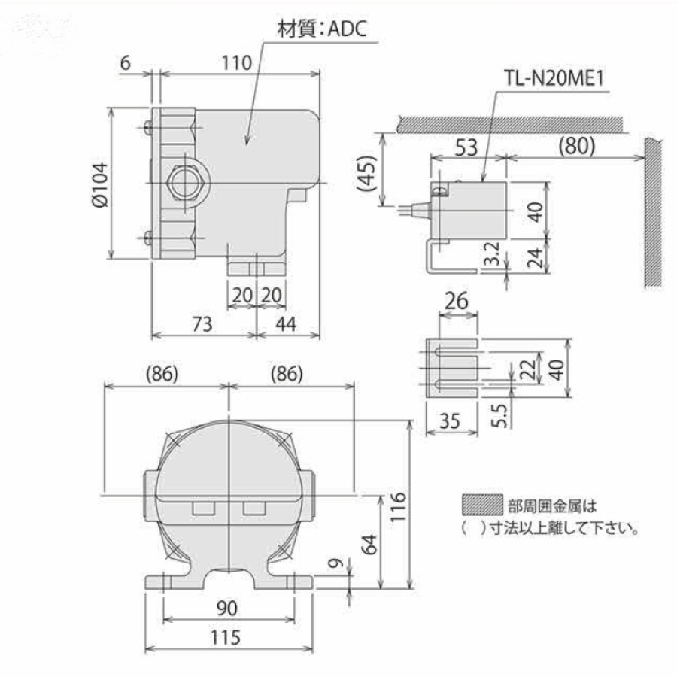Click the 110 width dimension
coord(236,63)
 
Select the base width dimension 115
coord(226,638)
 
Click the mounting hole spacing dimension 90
coord(226,607)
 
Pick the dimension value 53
coord(466,147)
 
